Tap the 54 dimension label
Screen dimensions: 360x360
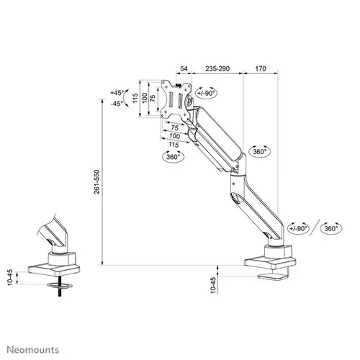tap(184, 68)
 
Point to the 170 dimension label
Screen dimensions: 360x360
tap(261, 68)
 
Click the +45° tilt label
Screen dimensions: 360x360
tap(118, 93)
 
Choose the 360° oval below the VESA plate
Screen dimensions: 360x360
tap(173, 156)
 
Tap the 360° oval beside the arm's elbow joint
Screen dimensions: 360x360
tap(261, 152)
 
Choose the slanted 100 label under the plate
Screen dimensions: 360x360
tap(174, 135)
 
